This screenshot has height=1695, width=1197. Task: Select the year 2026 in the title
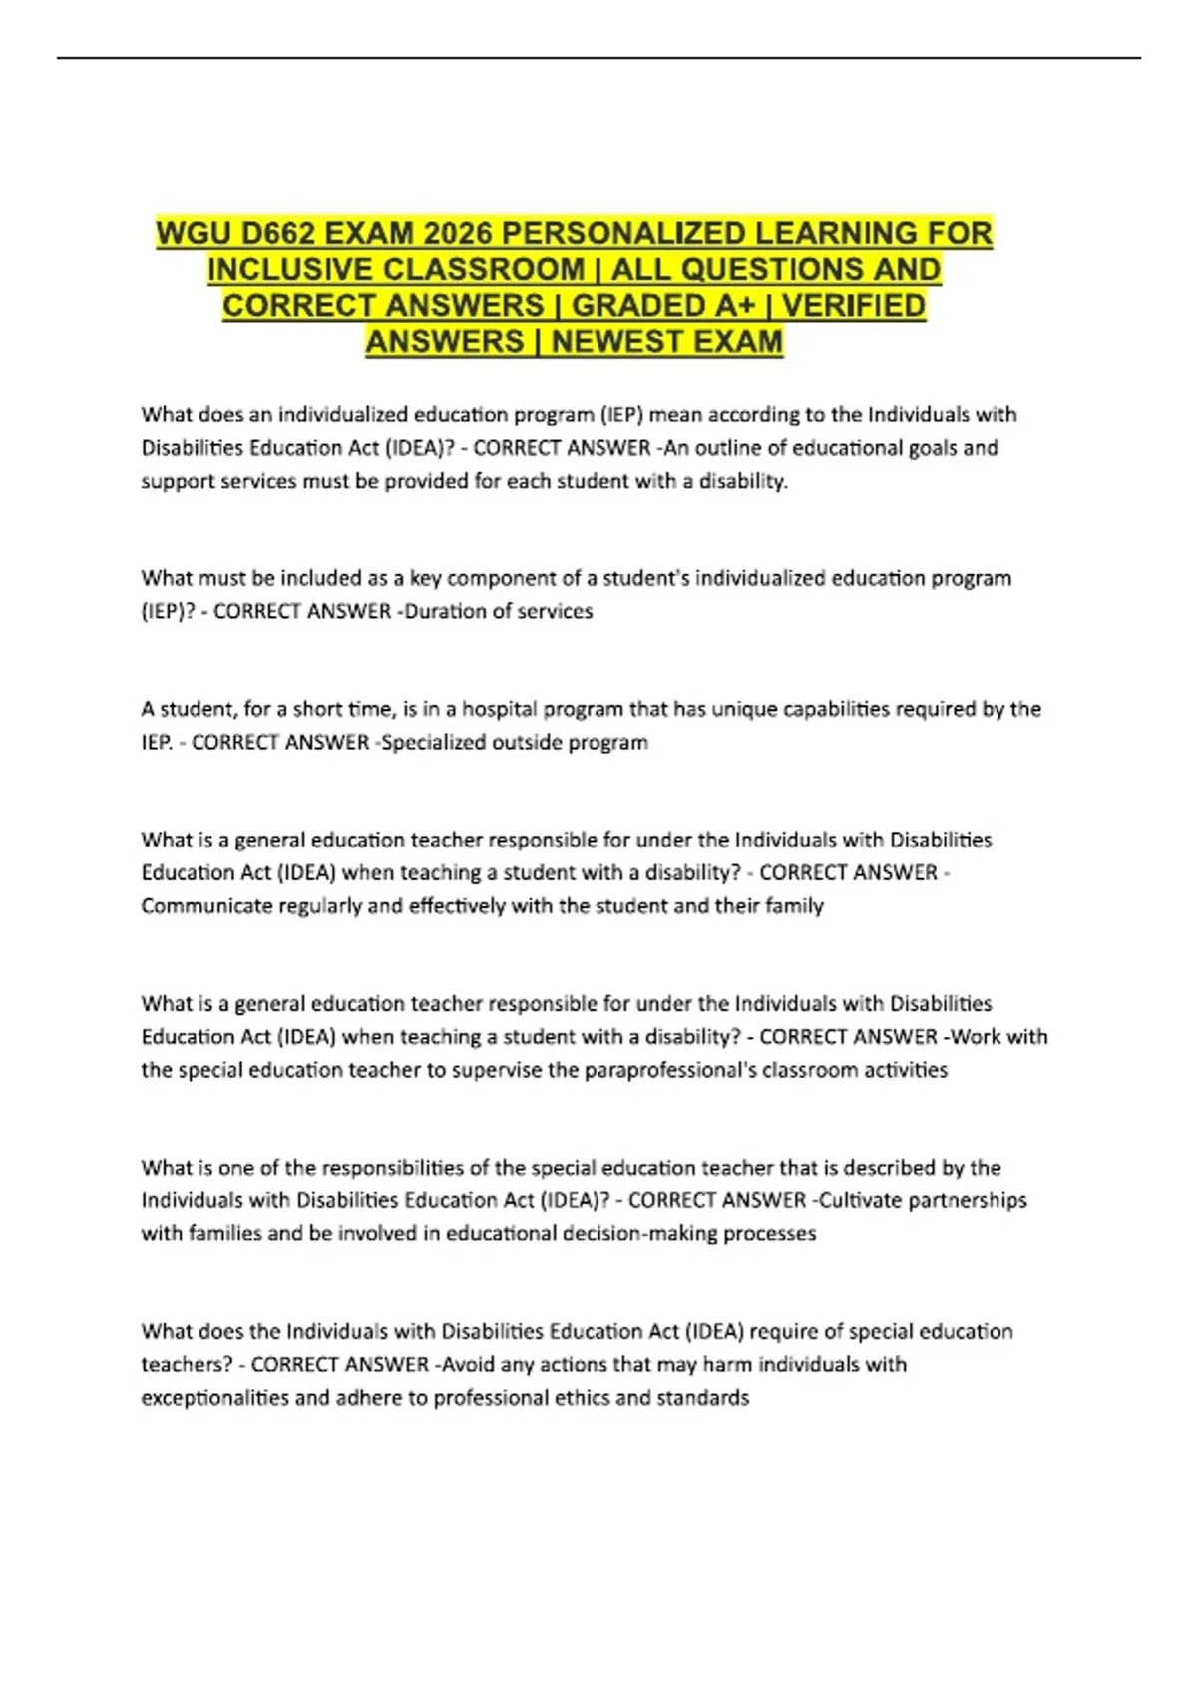[x=458, y=234]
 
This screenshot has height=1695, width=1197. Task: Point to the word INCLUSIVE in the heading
[x=289, y=270]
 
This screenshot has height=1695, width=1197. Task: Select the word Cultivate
[x=860, y=1200]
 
